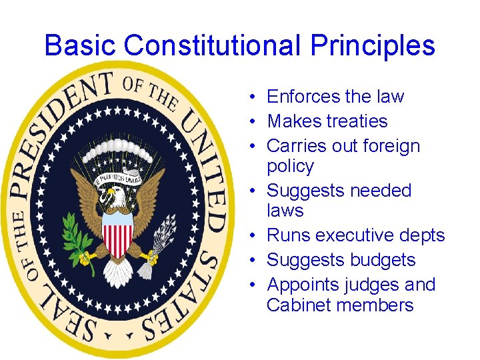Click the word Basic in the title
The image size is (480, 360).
click(81, 45)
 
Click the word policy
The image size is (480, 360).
click(290, 166)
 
